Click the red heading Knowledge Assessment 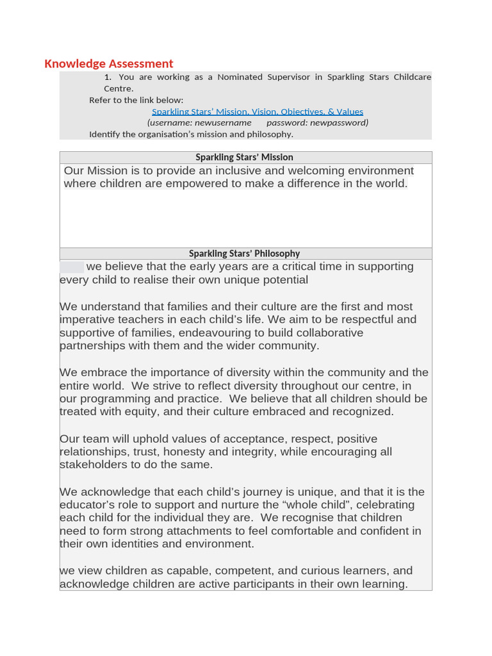[109, 63]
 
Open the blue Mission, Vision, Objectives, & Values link [258, 111]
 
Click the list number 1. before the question [108, 77]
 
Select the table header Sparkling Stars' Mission [245, 157]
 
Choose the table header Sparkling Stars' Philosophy [245, 254]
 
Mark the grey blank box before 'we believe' [72, 267]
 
